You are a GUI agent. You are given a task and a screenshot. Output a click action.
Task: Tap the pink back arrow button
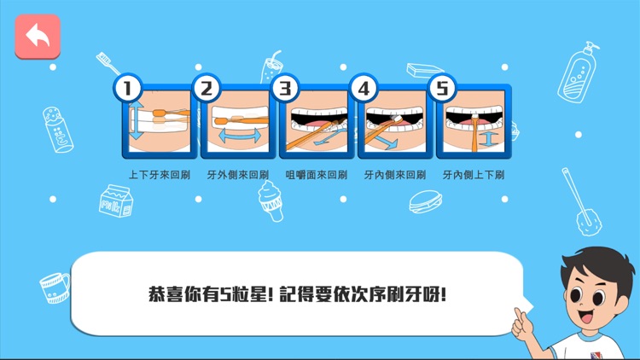38,37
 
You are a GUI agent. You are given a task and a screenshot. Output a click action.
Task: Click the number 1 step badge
128,88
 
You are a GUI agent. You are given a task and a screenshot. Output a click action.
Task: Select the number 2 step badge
207,88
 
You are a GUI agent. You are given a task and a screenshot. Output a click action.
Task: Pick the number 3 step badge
285,88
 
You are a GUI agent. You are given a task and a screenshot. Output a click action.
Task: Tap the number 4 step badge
364,88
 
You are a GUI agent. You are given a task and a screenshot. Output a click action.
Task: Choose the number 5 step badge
442,88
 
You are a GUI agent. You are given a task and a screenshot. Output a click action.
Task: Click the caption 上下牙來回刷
159,175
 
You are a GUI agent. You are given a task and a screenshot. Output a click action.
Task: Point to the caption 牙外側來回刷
237,175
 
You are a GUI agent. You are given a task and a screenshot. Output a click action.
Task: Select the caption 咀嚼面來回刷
316,175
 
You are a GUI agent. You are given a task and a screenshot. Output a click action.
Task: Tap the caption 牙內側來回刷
394,175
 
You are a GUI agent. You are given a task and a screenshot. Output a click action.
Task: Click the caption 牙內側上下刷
473,175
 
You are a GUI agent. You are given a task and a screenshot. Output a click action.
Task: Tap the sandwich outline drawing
427,202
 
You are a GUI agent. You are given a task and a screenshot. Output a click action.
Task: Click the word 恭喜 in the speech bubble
166,295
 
